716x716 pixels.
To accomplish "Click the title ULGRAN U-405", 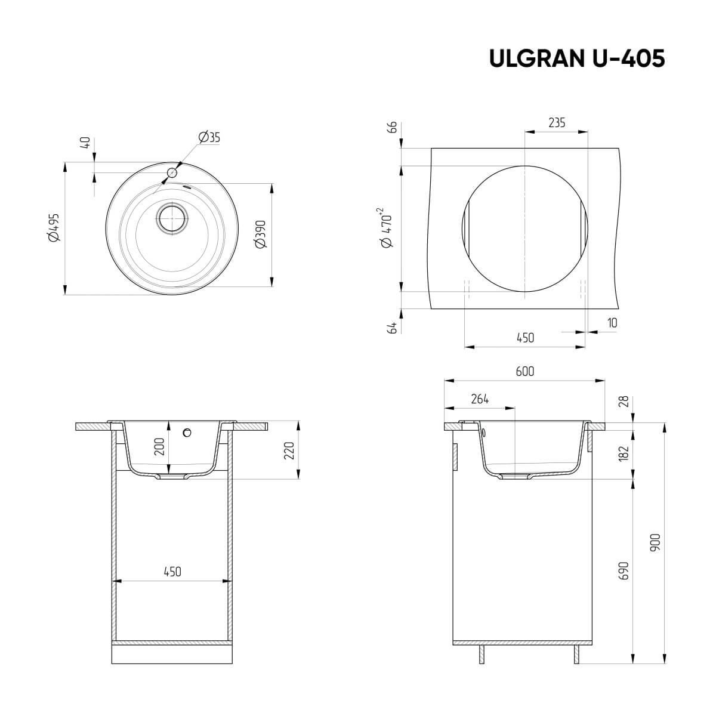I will click(x=576, y=58).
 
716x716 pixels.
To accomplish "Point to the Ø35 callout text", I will click(x=209, y=137).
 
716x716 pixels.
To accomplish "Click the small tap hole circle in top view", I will click(x=172, y=173).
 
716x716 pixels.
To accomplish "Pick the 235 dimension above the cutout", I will click(x=556, y=123).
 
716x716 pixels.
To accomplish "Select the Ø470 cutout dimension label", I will click(x=384, y=228).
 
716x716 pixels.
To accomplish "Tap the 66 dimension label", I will click(x=392, y=127).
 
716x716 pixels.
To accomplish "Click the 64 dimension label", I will click(x=392, y=328).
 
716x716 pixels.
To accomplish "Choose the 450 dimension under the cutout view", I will click(x=524, y=338).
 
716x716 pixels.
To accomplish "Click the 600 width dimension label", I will click(x=524, y=371).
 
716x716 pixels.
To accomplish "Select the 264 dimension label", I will click(x=480, y=400).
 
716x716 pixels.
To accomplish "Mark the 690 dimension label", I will click(x=624, y=570).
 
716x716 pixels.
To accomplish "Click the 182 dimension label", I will click(x=624, y=453).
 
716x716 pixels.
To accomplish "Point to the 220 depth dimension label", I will click(x=289, y=450).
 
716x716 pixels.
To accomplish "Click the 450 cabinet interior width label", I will click(x=172, y=572).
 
